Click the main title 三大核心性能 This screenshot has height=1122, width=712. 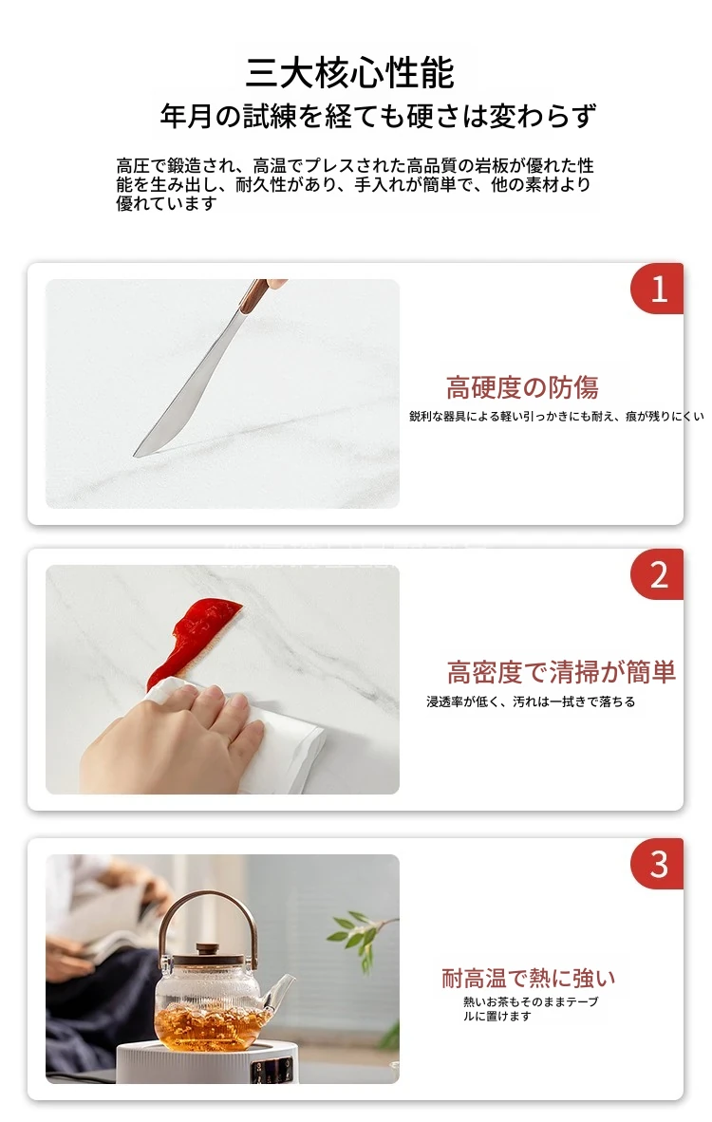point(350,72)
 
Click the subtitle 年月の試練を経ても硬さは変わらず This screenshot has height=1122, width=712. point(378,116)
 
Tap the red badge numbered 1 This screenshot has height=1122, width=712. point(657,289)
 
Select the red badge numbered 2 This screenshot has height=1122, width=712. point(657,574)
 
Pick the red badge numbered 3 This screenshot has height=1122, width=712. point(657,864)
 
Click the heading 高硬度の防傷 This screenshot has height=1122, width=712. point(521,387)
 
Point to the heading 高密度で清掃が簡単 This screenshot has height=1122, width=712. point(561,672)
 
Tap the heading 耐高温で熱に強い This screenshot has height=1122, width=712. point(528,978)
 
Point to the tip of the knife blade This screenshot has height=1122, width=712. point(135,455)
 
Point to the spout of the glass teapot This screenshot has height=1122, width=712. point(280,990)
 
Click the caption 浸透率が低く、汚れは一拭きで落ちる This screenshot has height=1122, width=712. point(531,702)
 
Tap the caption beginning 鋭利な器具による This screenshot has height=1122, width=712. point(556,416)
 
